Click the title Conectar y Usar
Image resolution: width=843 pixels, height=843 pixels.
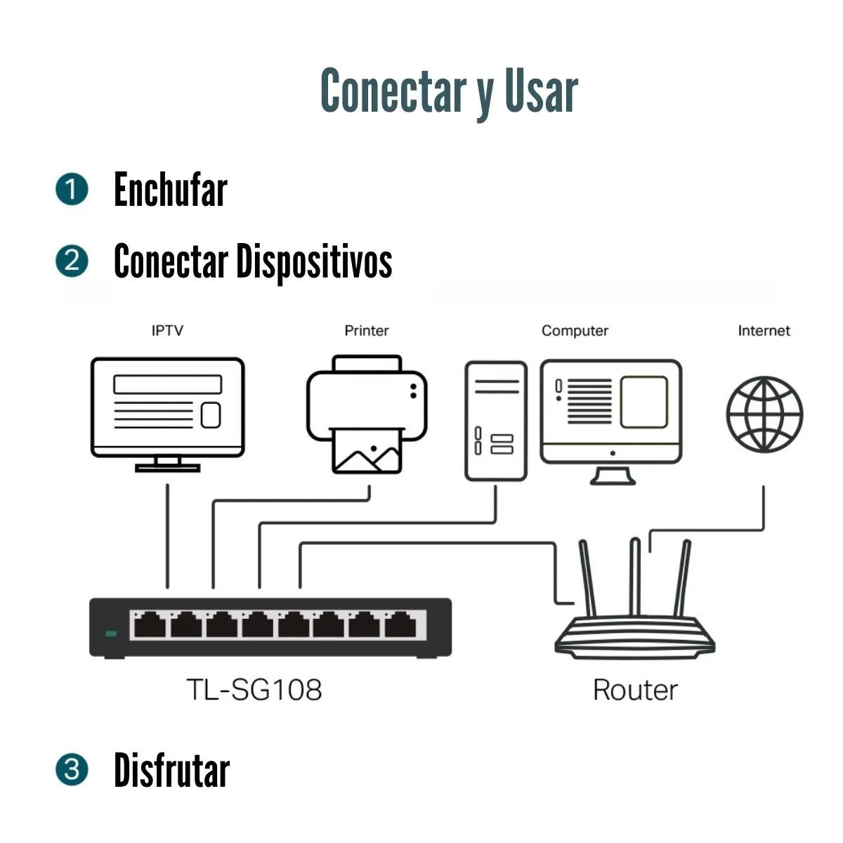[449, 92]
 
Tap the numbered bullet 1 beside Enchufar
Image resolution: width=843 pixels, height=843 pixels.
[72, 190]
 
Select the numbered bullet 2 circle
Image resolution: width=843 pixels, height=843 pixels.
[72, 261]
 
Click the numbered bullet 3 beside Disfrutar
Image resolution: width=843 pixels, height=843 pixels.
[72, 770]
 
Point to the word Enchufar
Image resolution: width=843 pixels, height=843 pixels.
[171, 190]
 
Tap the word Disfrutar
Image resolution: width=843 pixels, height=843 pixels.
[172, 771]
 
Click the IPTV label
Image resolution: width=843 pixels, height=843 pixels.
[167, 330]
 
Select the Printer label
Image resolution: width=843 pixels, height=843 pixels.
[366, 330]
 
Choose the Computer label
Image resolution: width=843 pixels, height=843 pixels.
[575, 331]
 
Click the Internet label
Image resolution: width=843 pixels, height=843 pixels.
[764, 330]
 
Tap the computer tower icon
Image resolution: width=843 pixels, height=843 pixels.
[496, 420]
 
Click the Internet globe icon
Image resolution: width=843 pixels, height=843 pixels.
[764, 415]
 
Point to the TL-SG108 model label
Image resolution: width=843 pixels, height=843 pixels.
[254, 689]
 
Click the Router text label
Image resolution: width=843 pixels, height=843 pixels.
[635, 690]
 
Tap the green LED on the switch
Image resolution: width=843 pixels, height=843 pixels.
[111, 634]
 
